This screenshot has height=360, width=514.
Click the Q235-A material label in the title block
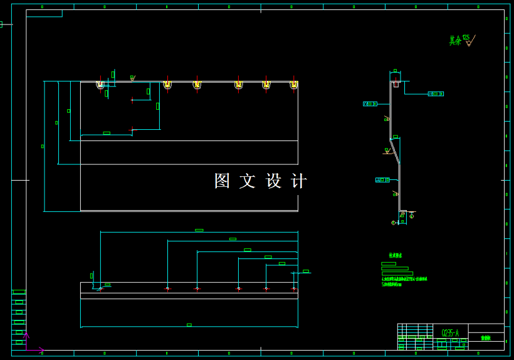pyautogui.click(x=449, y=332)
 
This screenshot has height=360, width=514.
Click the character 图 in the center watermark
pyautogui.click(x=222, y=181)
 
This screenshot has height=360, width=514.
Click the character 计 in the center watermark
pyautogui.click(x=299, y=181)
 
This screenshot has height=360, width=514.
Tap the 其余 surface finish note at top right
pyautogui.click(x=456, y=41)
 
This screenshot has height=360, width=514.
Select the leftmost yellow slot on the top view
pyautogui.click(x=100, y=85)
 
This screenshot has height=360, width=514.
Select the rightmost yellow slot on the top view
pyautogui.click(x=293, y=85)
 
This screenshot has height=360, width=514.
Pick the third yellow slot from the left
pyautogui.click(x=197, y=85)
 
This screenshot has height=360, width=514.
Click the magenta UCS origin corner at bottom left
pyautogui.click(x=26, y=349)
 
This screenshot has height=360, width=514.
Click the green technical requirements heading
pyautogui.click(x=395, y=255)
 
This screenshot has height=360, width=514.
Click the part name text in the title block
pyautogui.click(x=485, y=338)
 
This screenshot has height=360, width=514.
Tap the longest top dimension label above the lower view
pyautogui.click(x=199, y=230)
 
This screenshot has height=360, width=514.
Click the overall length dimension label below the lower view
pyautogui.click(x=189, y=325)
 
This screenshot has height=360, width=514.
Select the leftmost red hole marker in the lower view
pyautogui.click(x=100, y=289)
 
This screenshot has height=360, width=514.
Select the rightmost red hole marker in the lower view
pyautogui.click(x=293, y=289)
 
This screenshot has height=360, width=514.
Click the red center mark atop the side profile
pyautogui.click(x=396, y=82)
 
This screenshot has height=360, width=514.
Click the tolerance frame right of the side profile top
pyautogui.click(x=435, y=94)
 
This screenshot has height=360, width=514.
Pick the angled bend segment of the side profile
pyautogui.click(x=395, y=151)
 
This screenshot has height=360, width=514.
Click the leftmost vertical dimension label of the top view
pyautogui.click(x=43, y=146)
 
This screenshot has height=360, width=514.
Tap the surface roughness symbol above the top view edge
pyautogui.click(x=132, y=78)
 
